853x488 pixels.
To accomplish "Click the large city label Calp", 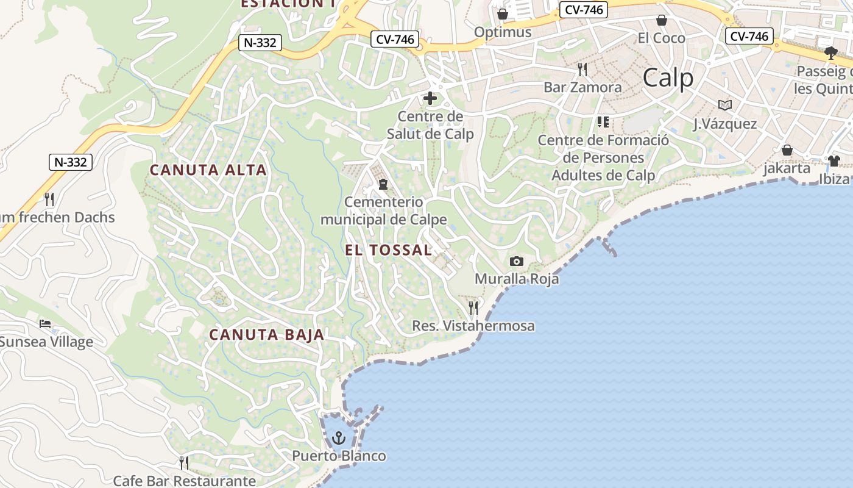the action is [x=668, y=78].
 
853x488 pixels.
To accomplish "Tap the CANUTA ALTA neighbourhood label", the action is [x=208, y=170].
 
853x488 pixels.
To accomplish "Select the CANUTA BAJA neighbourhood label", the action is [x=267, y=334].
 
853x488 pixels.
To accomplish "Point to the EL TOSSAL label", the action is [x=388, y=250].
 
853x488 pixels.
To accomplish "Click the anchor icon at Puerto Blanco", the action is [x=339, y=437].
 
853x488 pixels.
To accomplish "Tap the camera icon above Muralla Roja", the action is [x=517, y=262].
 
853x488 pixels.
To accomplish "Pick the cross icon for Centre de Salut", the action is [x=430, y=98].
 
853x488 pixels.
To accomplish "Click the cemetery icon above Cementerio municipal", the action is [x=383, y=184].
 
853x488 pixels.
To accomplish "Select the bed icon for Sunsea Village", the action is [x=45, y=324].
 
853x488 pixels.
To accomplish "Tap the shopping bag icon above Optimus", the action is [x=503, y=14].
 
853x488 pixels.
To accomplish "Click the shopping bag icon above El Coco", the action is [x=662, y=20].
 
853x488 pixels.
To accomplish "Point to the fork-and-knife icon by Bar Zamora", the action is [x=582, y=69].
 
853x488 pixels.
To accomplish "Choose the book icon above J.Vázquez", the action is [x=724, y=106].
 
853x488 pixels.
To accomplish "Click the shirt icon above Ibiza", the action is [x=834, y=161].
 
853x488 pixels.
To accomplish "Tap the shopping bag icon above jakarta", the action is [x=787, y=150].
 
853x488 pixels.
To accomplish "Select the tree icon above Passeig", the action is [x=830, y=53].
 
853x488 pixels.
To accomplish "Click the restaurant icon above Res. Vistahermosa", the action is [x=473, y=307].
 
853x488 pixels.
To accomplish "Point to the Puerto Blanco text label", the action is [x=339, y=456].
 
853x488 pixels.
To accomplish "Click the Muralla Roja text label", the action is [x=517, y=279].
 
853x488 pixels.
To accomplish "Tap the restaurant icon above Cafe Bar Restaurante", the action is [x=184, y=463].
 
